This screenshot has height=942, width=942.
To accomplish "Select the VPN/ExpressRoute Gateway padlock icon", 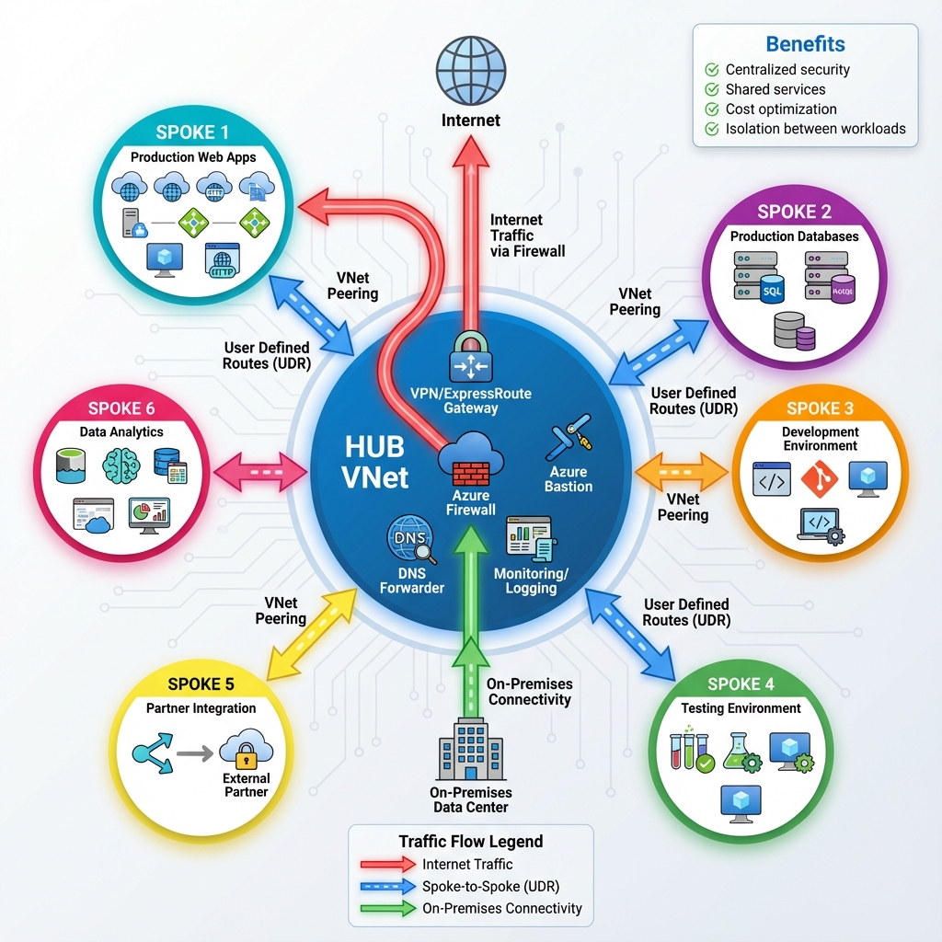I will (471, 358).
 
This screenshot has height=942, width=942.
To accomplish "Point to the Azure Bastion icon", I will (569, 441).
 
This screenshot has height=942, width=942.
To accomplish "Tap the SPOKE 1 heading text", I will (192, 132).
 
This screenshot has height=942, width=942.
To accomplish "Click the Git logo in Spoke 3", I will (819, 479).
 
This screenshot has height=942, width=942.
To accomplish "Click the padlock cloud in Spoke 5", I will (246, 748).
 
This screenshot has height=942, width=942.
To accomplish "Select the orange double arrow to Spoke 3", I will (682, 471).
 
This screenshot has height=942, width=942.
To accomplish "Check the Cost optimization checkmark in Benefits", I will (711, 109).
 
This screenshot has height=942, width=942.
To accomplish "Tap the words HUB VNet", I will (374, 463).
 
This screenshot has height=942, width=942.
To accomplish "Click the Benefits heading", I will (805, 44).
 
